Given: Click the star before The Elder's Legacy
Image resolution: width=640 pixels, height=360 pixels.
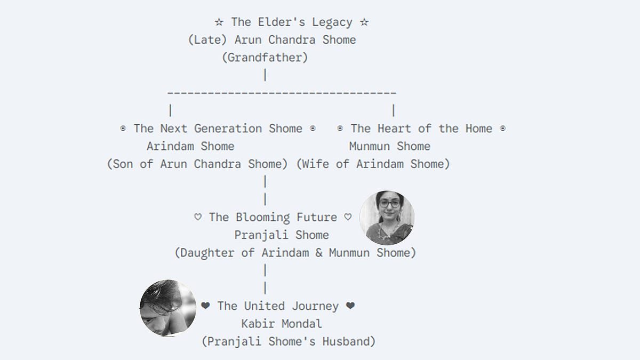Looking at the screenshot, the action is point(219,22).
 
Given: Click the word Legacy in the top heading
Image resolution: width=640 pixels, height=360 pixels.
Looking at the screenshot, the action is point(332,22).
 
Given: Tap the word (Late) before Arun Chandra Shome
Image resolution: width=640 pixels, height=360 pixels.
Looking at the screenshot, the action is point(207,39).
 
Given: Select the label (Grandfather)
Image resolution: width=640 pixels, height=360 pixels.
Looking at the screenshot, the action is point(265,58).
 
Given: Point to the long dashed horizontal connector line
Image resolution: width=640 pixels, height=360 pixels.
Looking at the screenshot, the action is point(282,93).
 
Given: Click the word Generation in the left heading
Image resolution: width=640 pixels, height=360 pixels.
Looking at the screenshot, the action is point(228,129).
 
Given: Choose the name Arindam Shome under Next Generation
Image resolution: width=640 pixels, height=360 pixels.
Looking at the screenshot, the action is point(190,146).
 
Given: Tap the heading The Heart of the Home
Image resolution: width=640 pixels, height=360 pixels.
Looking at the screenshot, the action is point(421,129).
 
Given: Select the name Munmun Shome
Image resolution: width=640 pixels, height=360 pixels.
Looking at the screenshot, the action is point(390,146).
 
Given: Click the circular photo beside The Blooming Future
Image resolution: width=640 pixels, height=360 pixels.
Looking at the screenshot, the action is point(387,218).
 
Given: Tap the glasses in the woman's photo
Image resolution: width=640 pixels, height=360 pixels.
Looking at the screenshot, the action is point(390,204).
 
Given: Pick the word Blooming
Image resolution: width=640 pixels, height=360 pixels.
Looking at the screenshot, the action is point(263,218).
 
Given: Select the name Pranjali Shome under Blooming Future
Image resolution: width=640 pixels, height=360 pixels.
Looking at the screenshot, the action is point(282,235).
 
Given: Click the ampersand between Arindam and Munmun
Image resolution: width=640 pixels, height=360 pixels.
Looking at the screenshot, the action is point(319,253).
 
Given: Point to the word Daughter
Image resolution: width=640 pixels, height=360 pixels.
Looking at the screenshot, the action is point(207,253).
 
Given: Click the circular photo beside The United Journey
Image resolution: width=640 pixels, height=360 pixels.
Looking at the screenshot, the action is point(167,308).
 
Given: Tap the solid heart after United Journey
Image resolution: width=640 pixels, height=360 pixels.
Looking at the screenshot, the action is point(350,306).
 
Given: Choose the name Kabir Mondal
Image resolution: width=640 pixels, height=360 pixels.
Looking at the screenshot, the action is point(282,324).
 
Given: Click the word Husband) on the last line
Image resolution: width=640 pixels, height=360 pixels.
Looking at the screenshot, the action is point(349,342).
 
